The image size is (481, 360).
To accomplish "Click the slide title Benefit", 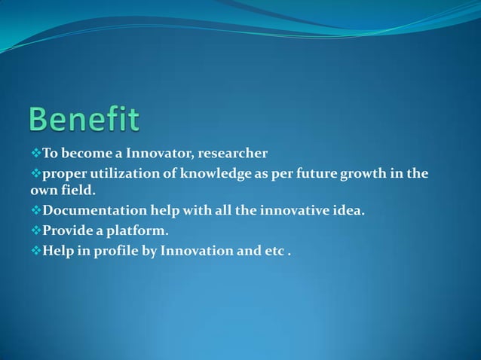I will click(84, 121).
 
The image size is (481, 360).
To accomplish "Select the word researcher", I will click(234, 154).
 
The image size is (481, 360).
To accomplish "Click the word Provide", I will click(67, 230).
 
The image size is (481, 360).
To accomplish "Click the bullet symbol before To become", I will click(35, 154).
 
